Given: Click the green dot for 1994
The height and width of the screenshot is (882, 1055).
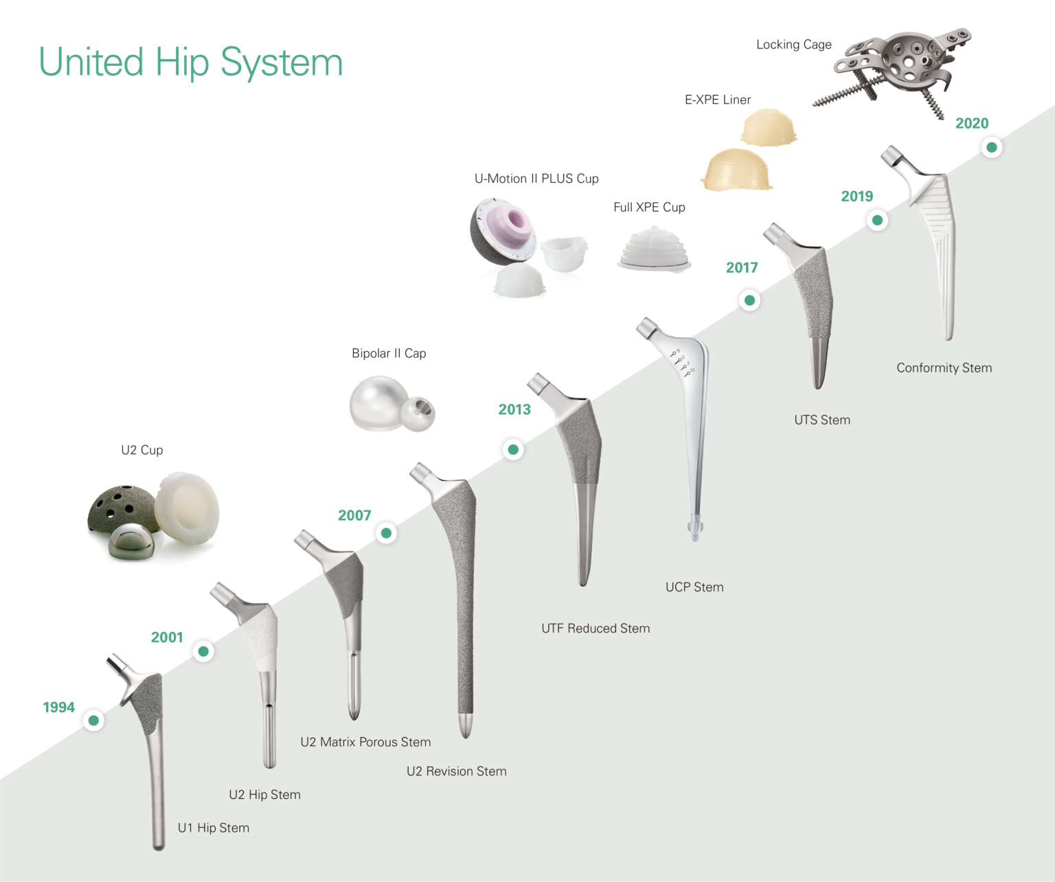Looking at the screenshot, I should click(93, 720).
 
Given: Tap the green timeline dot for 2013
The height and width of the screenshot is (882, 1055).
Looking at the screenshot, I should click(513, 450).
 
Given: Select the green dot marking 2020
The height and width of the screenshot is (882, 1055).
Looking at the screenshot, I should click(992, 147).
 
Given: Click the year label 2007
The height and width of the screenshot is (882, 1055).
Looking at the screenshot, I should click(354, 515).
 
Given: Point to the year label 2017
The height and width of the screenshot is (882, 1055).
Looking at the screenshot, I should click(742, 268).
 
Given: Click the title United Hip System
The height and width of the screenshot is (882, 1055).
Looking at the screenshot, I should click(190, 63).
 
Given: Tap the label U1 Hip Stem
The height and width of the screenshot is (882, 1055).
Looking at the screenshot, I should click(214, 828).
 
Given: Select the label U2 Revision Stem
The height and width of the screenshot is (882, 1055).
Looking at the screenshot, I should click(457, 771).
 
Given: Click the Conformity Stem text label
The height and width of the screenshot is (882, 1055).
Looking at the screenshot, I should click(944, 368).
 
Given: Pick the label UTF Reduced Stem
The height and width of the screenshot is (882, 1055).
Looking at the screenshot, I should click(595, 629).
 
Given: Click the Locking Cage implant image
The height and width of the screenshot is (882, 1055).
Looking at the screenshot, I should click(900, 65).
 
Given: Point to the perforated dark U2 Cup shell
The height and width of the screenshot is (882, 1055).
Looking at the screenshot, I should click(117, 508).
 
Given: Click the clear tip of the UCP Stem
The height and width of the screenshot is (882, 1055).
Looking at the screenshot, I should click(696, 528).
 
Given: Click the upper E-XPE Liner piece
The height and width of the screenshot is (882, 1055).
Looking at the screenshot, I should click(769, 128).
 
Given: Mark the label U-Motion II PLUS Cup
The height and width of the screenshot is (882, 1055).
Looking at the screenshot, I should click(536, 179).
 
